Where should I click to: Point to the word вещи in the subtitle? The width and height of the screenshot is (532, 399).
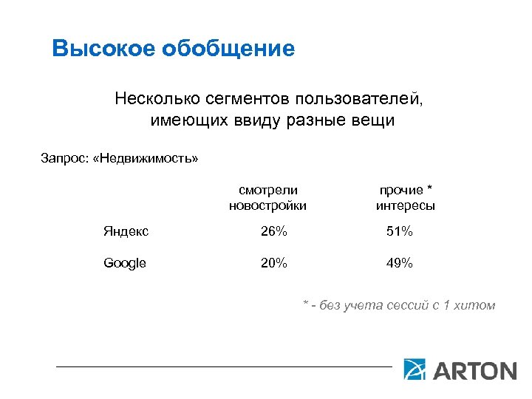[375, 120]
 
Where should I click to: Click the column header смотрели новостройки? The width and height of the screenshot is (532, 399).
[267, 197]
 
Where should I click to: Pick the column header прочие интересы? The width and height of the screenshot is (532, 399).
[405, 197]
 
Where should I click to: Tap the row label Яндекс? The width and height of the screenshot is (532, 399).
[126, 232]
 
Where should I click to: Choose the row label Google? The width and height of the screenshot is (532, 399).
[125, 263]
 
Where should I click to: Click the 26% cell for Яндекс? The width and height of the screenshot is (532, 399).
[273, 232]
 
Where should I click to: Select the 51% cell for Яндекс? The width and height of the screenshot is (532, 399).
[400, 232]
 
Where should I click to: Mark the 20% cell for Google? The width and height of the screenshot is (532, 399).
[273, 263]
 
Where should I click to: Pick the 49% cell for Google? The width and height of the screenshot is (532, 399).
[400, 263]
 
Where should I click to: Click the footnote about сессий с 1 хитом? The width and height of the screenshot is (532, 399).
[399, 305]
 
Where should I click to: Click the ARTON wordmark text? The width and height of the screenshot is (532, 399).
[474, 369]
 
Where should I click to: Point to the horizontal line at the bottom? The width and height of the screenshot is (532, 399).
[222, 366]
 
